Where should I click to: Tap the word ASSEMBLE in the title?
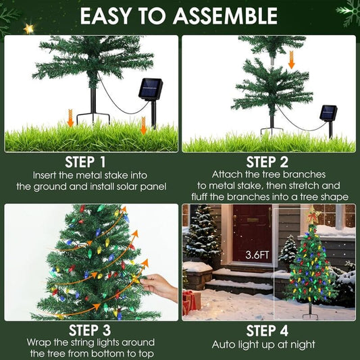[226, 16]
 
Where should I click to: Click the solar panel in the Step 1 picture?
[151, 89]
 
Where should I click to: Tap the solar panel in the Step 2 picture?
[329, 111]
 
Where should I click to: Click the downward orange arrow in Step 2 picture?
[291, 60]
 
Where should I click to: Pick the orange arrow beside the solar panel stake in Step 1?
[143, 125]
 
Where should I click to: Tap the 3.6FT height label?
[257, 255]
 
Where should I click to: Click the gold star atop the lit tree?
[313, 215]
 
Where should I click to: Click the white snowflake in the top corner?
[349, 11]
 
